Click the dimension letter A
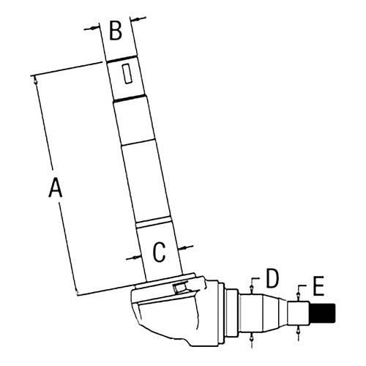point(56,187)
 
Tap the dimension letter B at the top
point(116,31)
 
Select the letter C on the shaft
point(159,252)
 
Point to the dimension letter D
point(272,278)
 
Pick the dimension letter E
point(318,286)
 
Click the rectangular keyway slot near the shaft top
point(127,74)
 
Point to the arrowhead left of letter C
point(137,257)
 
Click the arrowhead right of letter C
point(182,248)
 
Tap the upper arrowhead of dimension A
point(35,81)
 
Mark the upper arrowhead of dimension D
point(251,290)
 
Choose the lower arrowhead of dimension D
point(251,337)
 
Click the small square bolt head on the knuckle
point(179,288)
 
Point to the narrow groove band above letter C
point(153,222)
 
